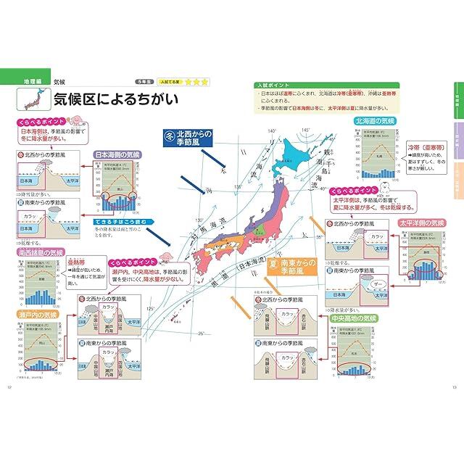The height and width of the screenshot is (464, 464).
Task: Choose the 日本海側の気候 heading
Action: (117, 154)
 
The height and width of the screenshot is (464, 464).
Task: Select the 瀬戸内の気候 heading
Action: (40, 315)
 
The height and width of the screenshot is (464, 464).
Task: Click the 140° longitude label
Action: (272, 131)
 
